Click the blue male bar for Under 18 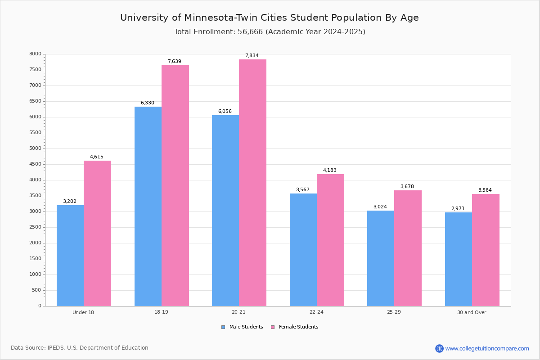coord(70,256)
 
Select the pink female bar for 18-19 coord(175,186)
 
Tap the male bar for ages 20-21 coord(225,211)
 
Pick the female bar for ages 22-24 coord(330,240)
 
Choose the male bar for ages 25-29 coord(381,258)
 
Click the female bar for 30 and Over coord(486,250)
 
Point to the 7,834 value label coord(252,55)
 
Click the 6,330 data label coord(148,103)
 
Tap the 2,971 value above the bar coord(458,208)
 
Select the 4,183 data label coord(330,170)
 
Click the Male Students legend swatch coord(223,327)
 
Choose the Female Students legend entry coord(295,327)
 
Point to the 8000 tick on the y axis coord(36,54)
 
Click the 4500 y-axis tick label coord(36,164)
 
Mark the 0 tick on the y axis coord(40,306)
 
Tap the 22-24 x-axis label coord(316,312)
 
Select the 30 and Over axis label coord(472,312)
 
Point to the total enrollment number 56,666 coord(250,32)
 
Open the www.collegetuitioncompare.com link coord(487,348)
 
